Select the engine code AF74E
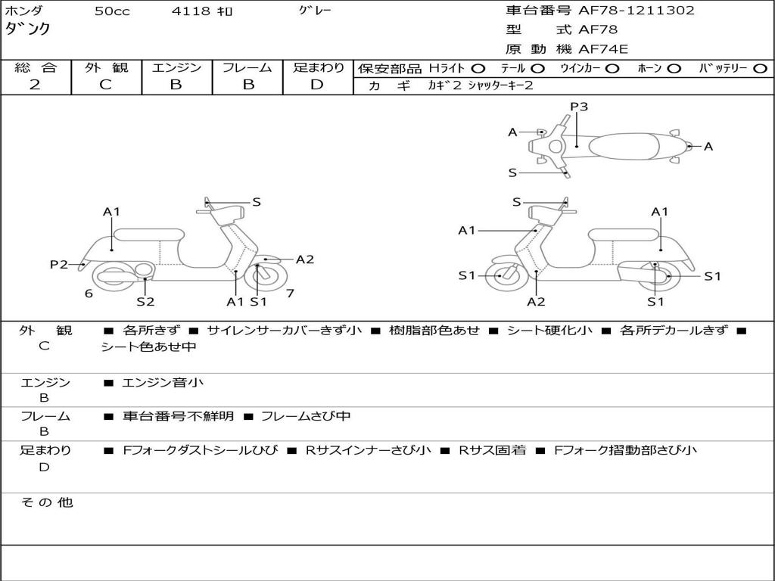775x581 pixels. tap(603, 50)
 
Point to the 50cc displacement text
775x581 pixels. tap(112, 11)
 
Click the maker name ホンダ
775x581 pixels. tap(24, 11)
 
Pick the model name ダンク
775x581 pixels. tap(28, 30)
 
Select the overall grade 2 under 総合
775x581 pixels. tap(35, 85)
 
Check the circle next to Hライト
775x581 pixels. tap(478, 68)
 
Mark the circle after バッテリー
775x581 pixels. tap(761, 68)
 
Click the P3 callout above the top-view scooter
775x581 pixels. tap(579, 107)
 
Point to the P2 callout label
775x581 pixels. tap(59, 264)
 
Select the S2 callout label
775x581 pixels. tap(145, 302)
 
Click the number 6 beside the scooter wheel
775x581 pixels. tap(89, 294)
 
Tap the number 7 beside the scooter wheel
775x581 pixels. tap(290, 293)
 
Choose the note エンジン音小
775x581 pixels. tap(163, 383)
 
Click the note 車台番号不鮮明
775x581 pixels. tap(179, 416)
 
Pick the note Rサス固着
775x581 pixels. tap(493, 450)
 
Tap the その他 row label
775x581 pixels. tap(46, 502)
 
